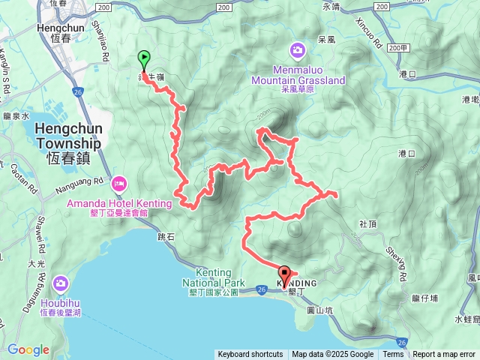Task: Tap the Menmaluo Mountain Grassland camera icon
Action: [298, 50]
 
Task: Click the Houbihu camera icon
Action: [60, 283]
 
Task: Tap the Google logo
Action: [28, 349]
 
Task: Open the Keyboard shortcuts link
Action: [250, 355]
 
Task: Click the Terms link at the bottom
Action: [393, 355]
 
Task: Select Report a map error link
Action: [445, 355]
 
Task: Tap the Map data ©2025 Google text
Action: [333, 355]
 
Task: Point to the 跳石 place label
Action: [167, 235]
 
